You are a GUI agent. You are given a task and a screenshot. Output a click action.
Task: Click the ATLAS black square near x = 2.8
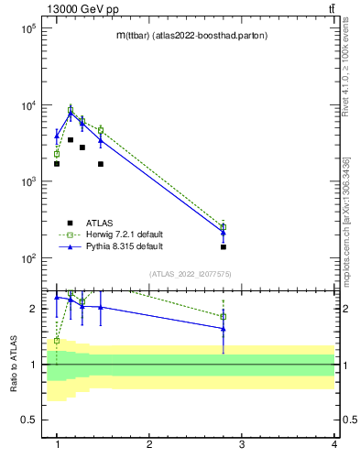pyautogui.click(x=224, y=247)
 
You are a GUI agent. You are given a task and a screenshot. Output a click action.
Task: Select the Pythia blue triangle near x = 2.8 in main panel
pyautogui.click(x=224, y=233)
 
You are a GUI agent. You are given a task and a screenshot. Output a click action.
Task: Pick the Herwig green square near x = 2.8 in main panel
pyautogui.click(x=224, y=226)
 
